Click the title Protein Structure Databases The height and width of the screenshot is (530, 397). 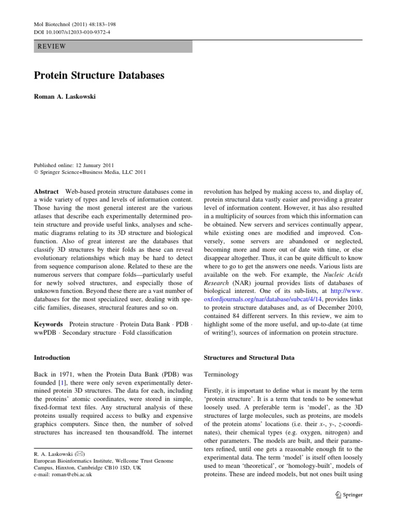(99, 75)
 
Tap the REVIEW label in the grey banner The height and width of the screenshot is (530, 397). (52, 47)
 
